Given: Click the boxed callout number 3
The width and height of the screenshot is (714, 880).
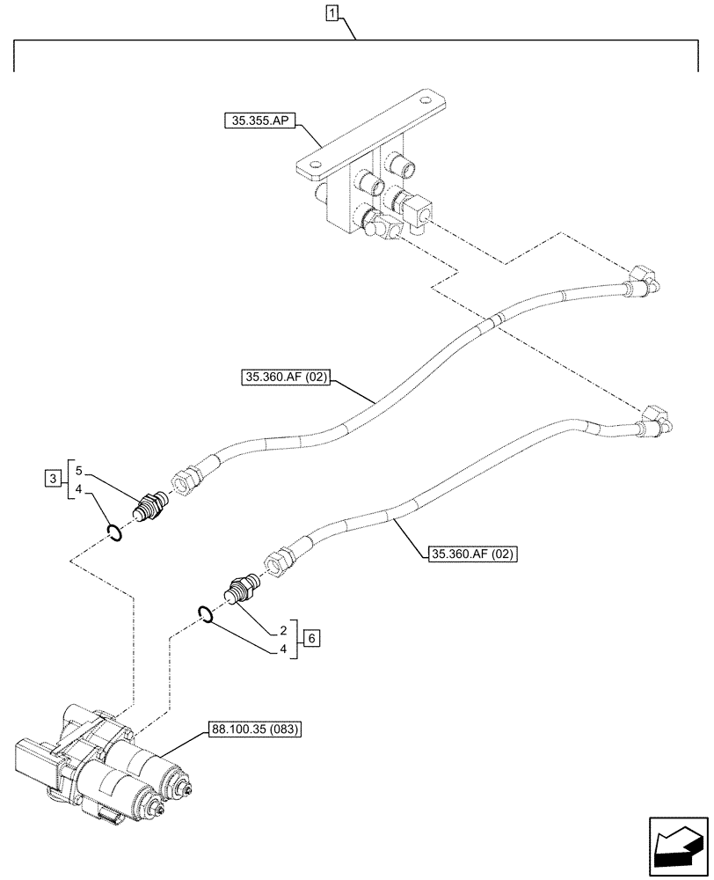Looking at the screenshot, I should [x=54, y=479].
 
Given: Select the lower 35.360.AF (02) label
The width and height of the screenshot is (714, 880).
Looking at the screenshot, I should [x=473, y=554].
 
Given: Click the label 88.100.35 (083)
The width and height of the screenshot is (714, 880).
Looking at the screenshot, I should [x=254, y=730].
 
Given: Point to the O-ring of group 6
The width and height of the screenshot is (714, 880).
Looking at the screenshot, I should [x=205, y=615].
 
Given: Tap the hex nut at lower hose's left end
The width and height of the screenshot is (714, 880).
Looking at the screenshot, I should [x=279, y=561].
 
